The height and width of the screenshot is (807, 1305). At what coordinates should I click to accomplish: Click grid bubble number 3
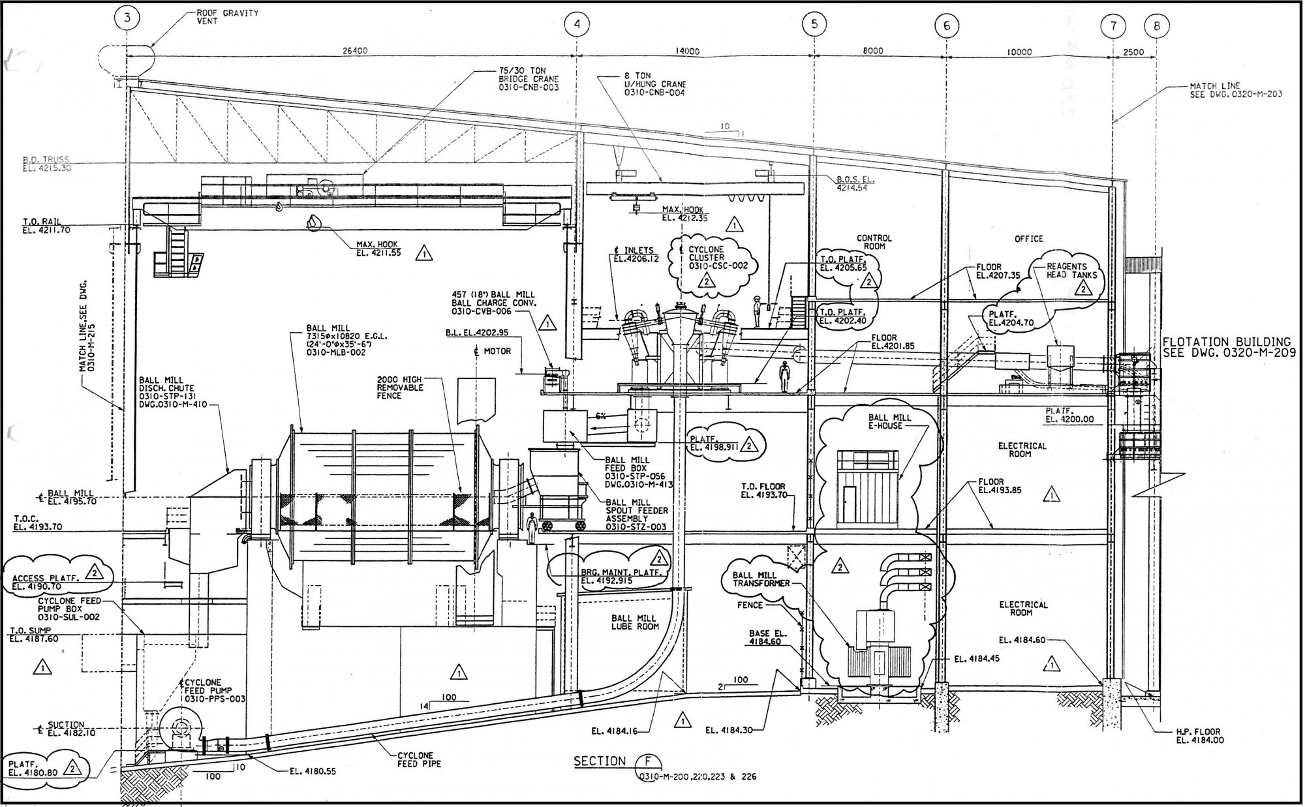(x=127, y=18)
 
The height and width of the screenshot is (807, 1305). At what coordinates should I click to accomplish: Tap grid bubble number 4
(x=577, y=24)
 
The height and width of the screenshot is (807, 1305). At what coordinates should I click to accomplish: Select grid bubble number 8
(x=1157, y=26)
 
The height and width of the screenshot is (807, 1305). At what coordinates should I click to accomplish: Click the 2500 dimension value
(x=1134, y=52)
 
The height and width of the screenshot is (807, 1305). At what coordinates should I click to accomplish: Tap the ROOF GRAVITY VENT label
(x=227, y=17)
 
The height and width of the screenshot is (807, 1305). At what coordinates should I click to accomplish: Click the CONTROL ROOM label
(x=874, y=242)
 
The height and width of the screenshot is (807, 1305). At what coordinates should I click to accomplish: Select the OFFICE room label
(x=1029, y=239)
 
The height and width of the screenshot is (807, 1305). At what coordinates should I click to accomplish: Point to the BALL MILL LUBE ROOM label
(x=634, y=622)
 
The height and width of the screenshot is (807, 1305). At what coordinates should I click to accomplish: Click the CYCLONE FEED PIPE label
(x=419, y=759)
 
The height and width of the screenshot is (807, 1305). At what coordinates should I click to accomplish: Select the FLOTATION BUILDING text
(x=1227, y=341)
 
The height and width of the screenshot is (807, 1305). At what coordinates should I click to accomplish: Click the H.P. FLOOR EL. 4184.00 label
(x=1198, y=736)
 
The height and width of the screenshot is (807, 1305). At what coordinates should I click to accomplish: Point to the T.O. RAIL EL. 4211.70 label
(x=47, y=226)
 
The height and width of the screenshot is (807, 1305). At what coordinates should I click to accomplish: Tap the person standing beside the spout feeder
(x=532, y=527)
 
